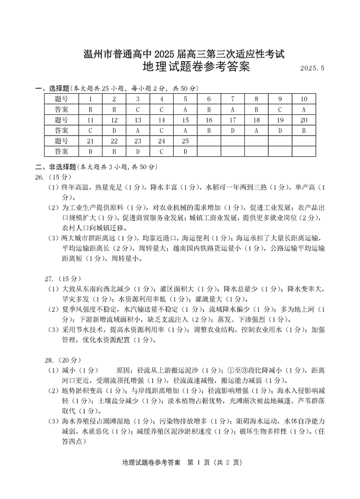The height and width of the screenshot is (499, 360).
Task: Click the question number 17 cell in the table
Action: point(233,120)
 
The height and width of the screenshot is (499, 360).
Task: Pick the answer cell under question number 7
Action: point(233,109)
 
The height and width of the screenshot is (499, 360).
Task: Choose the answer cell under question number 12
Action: point(114,131)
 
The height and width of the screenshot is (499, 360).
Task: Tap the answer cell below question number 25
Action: point(185,151)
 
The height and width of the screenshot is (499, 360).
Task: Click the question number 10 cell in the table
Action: point(304,99)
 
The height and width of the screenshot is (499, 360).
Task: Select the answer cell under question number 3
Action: point(138,109)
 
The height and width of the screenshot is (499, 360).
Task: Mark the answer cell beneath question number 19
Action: point(280,131)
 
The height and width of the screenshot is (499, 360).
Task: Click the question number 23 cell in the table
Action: point(138,141)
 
